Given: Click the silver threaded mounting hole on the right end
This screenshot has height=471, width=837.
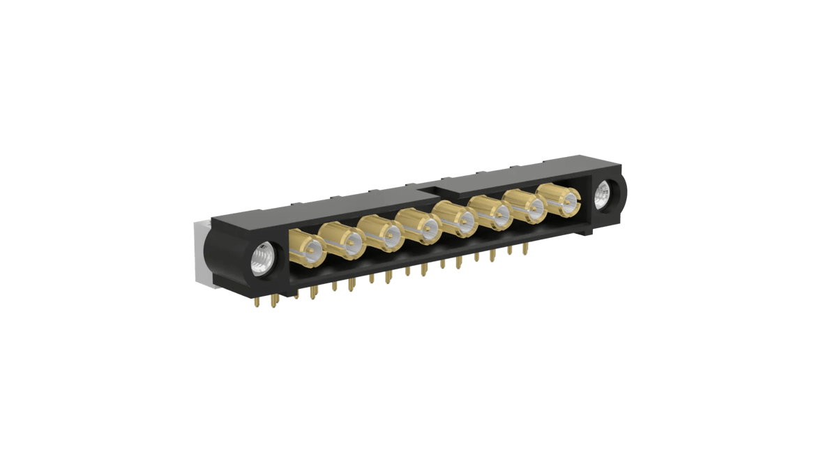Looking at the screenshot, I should (602, 195).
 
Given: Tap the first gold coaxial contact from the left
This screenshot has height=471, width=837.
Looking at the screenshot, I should (306, 247).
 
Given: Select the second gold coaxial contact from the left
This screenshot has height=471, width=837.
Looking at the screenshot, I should (345, 241).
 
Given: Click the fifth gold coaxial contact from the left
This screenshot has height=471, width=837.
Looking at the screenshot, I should (457, 220).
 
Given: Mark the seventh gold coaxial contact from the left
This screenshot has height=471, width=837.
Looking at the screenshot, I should (528, 207).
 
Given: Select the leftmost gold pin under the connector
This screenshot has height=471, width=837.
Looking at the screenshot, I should (259, 302).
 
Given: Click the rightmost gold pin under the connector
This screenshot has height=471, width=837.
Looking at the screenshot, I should (526, 248).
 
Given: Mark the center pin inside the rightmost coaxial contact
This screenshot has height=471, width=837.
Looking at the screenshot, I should (568, 202).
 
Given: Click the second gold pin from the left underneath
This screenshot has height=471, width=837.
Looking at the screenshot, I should (273, 302).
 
